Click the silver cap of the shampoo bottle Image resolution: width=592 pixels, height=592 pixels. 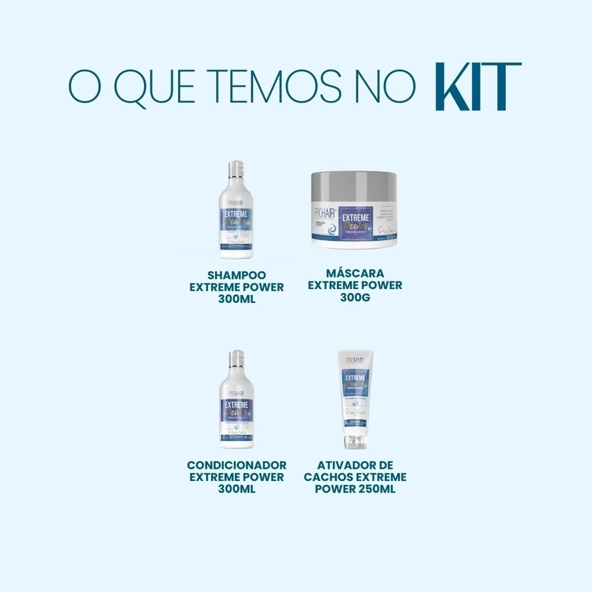pos(236,168)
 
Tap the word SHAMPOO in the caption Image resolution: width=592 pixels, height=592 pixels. pos(236,275)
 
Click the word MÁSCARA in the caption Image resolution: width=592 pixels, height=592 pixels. pos(354,273)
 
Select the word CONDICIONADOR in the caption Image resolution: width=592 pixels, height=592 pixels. pos(236,465)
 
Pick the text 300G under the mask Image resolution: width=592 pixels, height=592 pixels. pos(354,298)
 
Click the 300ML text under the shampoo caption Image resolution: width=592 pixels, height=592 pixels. pos(236,299)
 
